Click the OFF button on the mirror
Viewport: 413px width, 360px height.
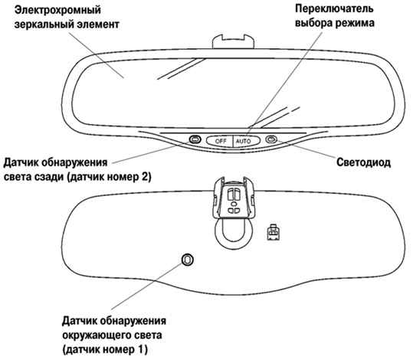pos(220,141)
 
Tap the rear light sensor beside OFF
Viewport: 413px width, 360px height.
pos(195,139)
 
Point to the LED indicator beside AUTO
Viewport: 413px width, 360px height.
pos(271,139)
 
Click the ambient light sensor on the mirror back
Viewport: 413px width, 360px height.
pos(187,260)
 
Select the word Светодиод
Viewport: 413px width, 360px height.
pos(363,162)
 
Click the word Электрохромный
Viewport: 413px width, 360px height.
pos(57,10)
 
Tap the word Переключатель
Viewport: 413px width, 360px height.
pos(334,8)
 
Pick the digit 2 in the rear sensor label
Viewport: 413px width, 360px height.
pos(144,176)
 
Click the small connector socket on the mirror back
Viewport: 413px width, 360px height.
pos(274,232)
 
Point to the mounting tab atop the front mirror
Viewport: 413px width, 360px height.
pos(233,41)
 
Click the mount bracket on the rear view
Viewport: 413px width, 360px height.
pos(234,198)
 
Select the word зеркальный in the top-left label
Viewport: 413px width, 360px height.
pos(44,25)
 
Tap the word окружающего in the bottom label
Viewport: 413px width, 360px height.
pos(96,335)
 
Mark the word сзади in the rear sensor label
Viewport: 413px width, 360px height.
pos(51,177)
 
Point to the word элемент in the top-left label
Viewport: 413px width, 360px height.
pos(98,25)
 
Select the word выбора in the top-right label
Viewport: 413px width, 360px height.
pos(313,23)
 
